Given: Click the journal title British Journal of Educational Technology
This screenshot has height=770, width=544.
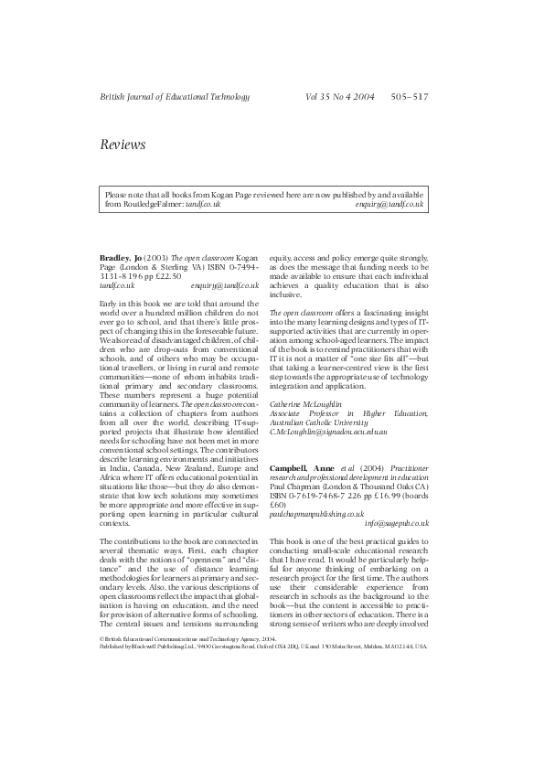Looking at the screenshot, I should pos(174,96).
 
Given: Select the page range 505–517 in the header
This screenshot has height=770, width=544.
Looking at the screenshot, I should pos(408,96).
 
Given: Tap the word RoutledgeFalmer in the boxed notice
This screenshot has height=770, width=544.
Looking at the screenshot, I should pos(145,205).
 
